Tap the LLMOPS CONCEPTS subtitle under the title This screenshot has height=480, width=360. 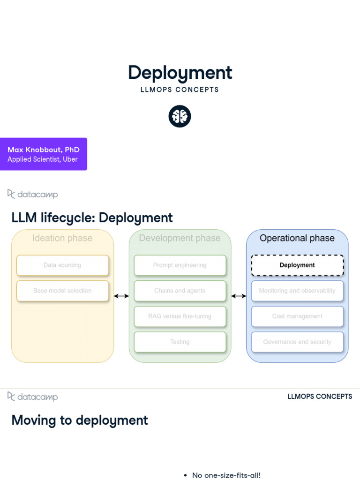click(x=180, y=90)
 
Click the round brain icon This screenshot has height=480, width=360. click(x=180, y=116)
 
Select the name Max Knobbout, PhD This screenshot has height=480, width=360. click(x=44, y=150)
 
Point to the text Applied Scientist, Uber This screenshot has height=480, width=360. click(x=43, y=159)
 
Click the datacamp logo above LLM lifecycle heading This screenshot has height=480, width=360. click(x=32, y=194)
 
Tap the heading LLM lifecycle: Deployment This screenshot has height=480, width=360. click(x=92, y=218)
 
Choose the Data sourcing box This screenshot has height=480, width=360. click(x=62, y=265)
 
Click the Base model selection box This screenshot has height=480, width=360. click(x=62, y=291)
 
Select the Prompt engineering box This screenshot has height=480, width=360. click(x=180, y=265)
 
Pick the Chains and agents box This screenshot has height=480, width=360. click(x=180, y=291)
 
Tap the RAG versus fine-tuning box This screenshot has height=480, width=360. click(x=180, y=316)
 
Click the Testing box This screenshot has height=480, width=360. click(x=180, y=342)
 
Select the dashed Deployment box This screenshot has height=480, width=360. click(x=297, y=265)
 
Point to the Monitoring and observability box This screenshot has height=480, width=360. click(x=297, y=291)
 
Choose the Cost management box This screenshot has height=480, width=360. click(x=297, y=316)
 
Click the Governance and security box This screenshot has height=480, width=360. click(x=297, y=342)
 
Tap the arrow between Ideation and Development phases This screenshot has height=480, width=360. click(x=121, y=296)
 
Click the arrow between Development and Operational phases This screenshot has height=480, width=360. click(x=239, y=296)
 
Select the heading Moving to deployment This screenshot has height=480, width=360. click(x=80, y=420)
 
